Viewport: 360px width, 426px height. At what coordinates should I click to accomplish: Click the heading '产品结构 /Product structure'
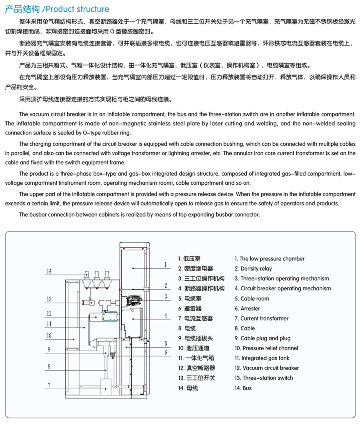pyautogui.click(x=57, y=9)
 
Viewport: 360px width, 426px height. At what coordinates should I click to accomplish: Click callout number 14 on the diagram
pyautogui.click(x=49, y=271)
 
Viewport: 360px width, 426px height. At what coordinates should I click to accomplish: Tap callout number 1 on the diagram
pyautogui.click(x=165, y=264)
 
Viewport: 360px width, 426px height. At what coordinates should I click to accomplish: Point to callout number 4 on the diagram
pyautogui.click(x=165, y=315)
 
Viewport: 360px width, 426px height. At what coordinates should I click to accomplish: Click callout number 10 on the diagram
pyautogui.click(x=49, y=336)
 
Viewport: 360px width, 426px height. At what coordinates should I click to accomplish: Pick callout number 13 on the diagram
pyautogui.click(x=49, y=299)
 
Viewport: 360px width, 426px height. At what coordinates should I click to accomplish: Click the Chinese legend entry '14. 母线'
pyautogui.click(x=188, y=388)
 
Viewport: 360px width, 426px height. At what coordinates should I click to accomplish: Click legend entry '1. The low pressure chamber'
pyautogui.click(x=269, y=259)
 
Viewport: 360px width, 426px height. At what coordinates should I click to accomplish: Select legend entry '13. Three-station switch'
pyautogui.click(x=264, y=378)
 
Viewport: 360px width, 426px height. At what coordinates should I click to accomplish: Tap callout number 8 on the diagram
pyautogui.click(x=49, y=366)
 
